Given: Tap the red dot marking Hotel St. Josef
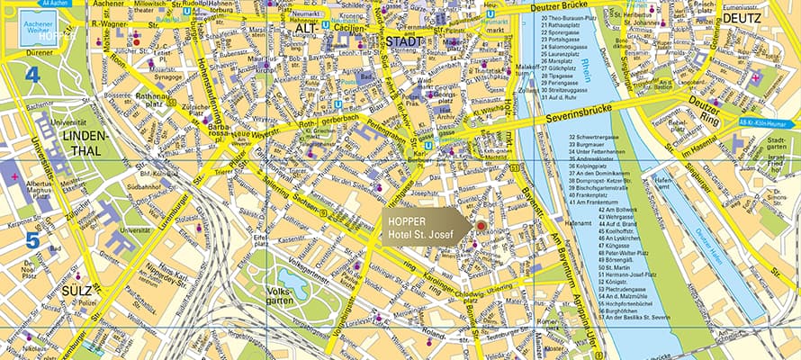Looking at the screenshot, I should click(481, 225).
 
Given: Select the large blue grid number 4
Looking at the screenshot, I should click(31, 75).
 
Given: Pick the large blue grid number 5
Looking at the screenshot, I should click(31, 240).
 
